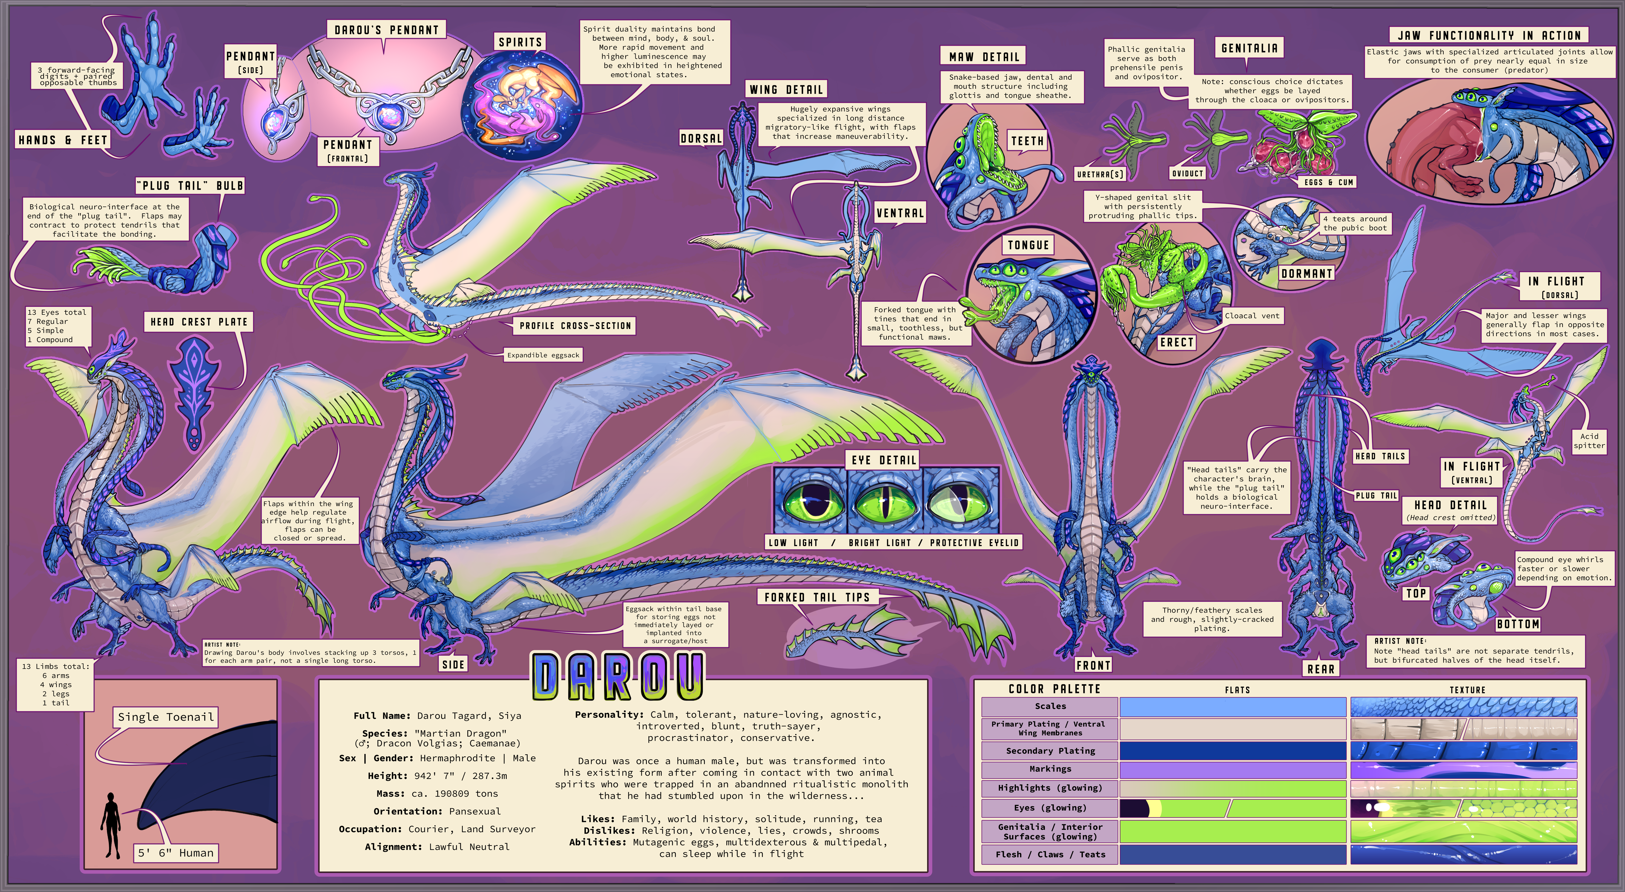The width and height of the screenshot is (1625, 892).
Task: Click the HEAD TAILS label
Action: click(x=1380, y=456)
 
